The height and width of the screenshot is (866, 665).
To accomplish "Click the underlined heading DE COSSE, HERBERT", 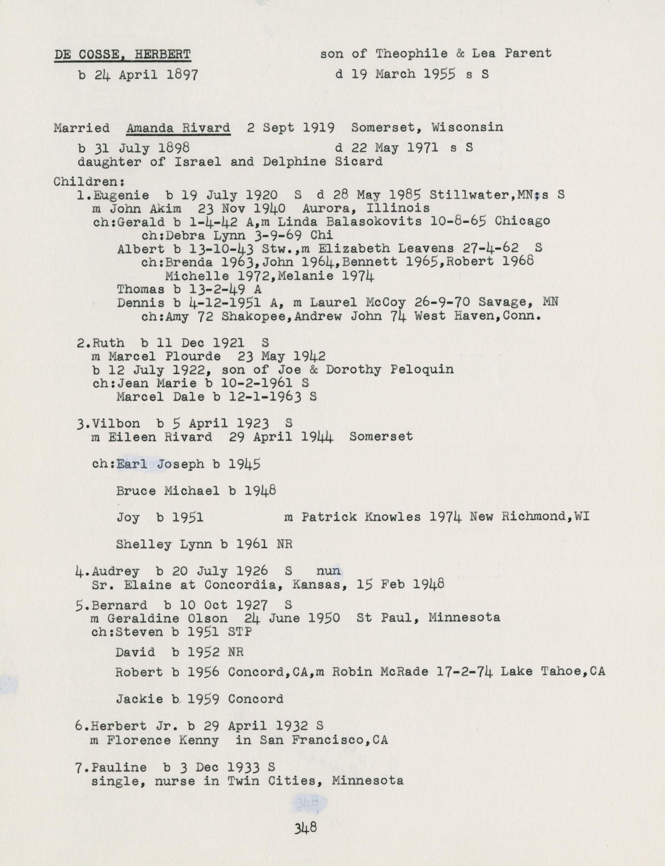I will point(122,54).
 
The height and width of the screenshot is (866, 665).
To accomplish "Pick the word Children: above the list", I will point(89,182).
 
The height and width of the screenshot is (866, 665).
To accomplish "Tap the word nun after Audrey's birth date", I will point(328,571).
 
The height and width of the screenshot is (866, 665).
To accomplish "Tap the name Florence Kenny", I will point(162,740).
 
